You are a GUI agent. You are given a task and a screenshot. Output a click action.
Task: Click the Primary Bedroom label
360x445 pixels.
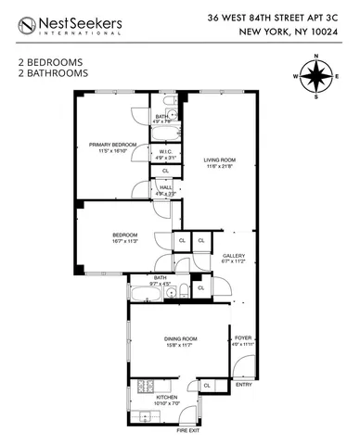tap(112, 145)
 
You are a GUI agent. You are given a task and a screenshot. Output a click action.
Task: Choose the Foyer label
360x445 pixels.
tap(243, 337)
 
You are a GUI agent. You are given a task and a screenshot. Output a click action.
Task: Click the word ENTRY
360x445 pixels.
tap(243, 384)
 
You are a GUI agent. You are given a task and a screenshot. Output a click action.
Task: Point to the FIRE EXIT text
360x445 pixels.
tap(189, 430)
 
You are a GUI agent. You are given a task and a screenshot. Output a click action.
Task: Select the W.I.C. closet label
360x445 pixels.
tap(167, 152)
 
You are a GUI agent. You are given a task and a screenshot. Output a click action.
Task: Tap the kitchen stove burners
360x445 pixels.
tap(144, 386)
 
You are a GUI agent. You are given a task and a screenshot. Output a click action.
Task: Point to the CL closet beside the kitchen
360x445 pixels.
tap(207, 385)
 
